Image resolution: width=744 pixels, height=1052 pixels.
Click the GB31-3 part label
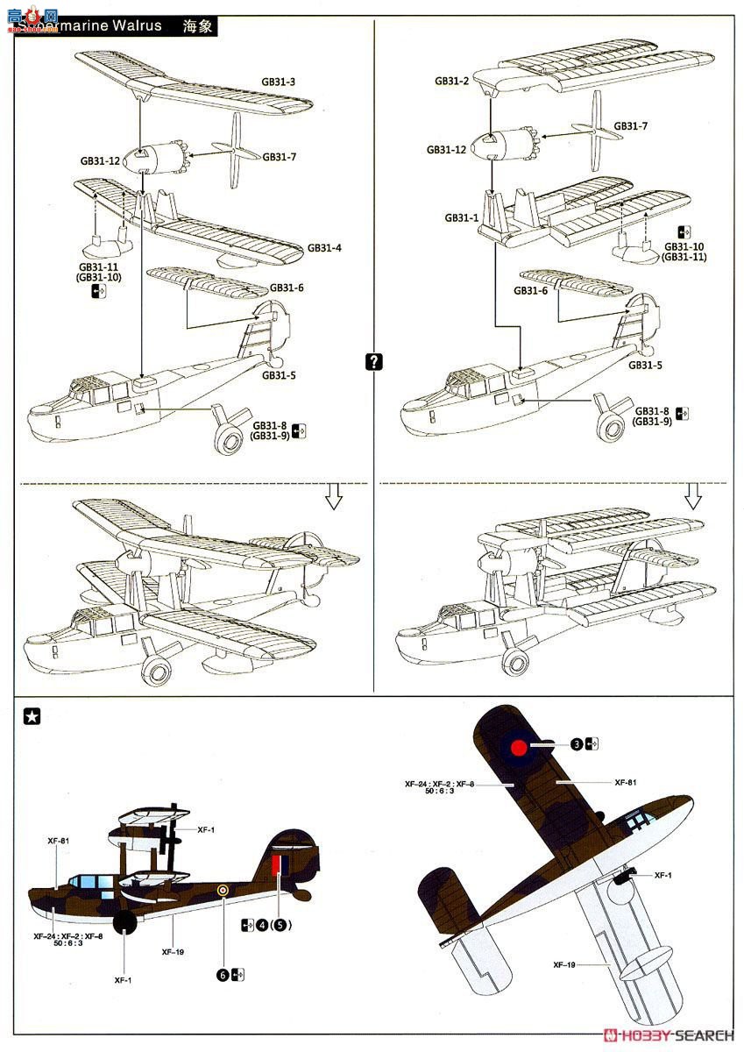click(278, 82)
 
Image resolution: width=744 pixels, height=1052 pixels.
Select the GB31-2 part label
click(451, 81)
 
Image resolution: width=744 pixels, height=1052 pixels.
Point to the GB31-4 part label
click(324, 247)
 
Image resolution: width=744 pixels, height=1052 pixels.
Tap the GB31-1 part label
click(461, 217)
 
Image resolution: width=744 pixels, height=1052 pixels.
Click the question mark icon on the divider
click(374, 361)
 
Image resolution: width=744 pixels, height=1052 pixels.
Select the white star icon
click(32, 717)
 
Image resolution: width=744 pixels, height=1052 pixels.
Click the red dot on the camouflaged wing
click(518, 748)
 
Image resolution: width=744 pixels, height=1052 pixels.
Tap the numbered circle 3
click(576, 744)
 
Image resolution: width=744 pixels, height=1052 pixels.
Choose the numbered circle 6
click(223, 973)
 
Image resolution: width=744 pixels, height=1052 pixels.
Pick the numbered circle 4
click(264, 925)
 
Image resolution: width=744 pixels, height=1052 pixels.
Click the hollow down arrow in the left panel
click(333, 497)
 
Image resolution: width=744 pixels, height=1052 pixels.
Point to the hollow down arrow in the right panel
click(693, 497)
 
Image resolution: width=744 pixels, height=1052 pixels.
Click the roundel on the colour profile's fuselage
click(223, 892)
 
